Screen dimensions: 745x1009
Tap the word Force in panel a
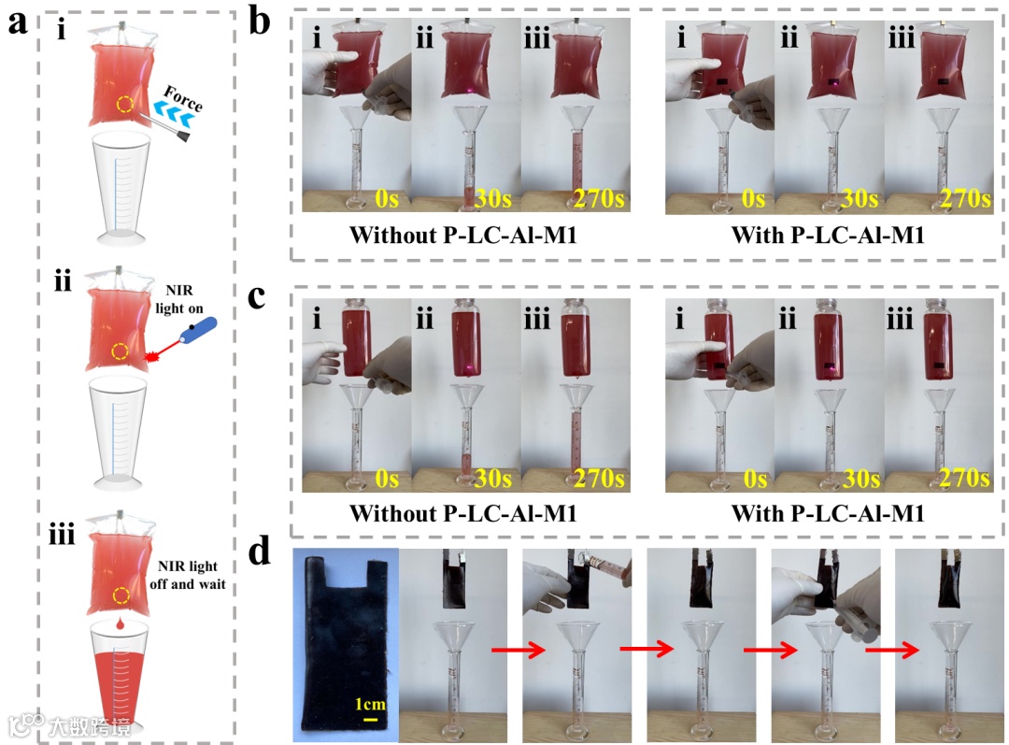coord(183,98)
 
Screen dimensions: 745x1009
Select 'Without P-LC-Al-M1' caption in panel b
coord(462,236)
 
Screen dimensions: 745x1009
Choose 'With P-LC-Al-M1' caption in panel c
coord(827,513)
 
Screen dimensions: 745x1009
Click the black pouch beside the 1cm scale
coord(346,645)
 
